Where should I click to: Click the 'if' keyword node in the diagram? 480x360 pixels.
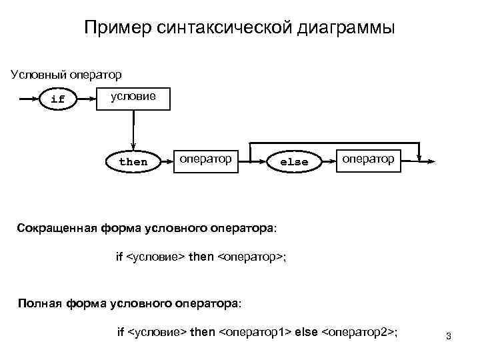[x=58, y=99]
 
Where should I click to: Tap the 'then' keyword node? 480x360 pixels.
[x=133, y=161]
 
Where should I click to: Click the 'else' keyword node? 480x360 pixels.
[x=294, y=161]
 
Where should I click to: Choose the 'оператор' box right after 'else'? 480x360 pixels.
[x=368, y=159]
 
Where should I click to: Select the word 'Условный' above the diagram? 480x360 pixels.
[x=34, y=73]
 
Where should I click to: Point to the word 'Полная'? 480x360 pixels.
[x=39, y=303]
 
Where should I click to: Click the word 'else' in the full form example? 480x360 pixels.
[x=307, y=331]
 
